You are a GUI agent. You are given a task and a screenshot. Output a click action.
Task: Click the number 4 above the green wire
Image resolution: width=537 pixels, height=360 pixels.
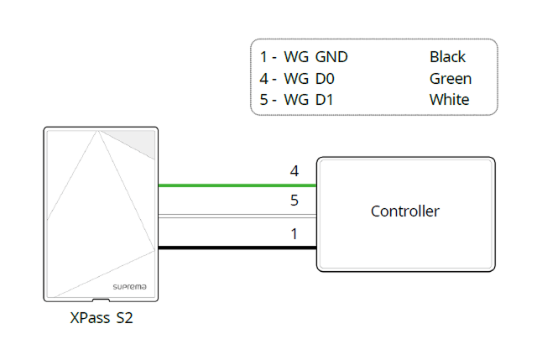[294, 171]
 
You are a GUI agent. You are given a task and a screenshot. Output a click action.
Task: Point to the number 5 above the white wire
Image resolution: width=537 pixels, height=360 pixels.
[294, 201]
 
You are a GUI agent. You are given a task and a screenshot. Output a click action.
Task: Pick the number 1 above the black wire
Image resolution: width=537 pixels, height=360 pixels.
[294, 233]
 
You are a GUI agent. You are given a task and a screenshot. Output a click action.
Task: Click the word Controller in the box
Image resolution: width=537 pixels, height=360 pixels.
[404, 211]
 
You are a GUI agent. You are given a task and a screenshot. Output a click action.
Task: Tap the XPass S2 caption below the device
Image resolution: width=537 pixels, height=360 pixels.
[101, 320]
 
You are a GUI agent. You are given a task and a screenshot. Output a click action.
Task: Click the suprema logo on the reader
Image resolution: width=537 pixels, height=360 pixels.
[129, 287]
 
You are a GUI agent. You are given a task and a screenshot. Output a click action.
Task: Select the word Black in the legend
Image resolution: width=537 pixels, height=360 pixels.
[447, 57]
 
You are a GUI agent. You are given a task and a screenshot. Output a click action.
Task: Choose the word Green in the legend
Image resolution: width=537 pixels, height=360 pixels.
[450, 79]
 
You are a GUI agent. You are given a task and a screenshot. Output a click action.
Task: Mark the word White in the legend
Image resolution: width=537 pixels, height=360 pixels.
[449, 100]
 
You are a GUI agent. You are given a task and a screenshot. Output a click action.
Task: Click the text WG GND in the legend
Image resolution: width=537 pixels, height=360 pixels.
[315, 57]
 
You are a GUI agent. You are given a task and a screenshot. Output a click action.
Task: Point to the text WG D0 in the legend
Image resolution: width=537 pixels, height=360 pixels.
[310, 79]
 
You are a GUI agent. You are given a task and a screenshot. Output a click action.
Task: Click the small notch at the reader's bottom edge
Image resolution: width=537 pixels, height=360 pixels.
[101, 298]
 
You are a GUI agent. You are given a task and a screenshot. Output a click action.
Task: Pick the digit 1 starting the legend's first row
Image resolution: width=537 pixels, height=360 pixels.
[263, 57]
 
